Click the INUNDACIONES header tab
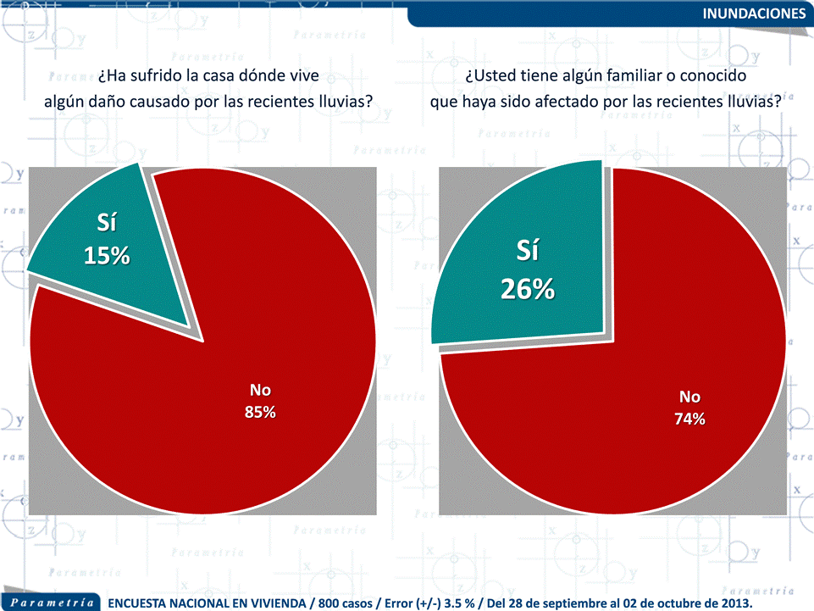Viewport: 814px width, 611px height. click(754, 14)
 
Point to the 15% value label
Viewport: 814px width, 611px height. click(107, 255)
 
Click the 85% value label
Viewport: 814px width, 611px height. click(260, 413)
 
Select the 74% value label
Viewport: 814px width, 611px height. click(689, 419)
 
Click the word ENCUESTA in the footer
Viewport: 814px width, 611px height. click(146, 603)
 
